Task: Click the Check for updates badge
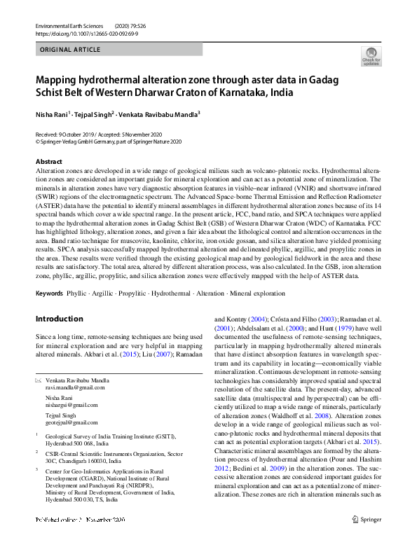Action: pyautogui.click(x=371, y=56)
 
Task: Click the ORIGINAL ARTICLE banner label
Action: pyautogui.click(x=69, y=50)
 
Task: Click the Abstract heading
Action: pyautogui.click(x=48, y=162)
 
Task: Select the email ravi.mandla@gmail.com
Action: pyautogui.click(x=75, y=387)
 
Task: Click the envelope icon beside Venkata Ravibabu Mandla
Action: pyautogui.click(x=39, y=379)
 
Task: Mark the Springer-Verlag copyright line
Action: pyautogui.click(x=108, y=141)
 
